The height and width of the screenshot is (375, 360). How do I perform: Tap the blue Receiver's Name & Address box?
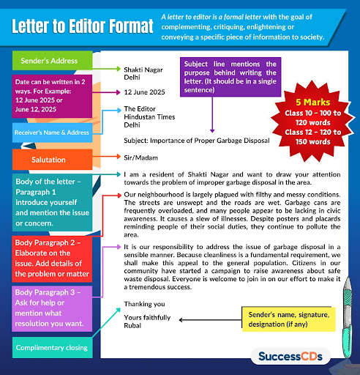point(51,133)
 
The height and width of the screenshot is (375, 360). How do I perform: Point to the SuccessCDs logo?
point(293,357)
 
